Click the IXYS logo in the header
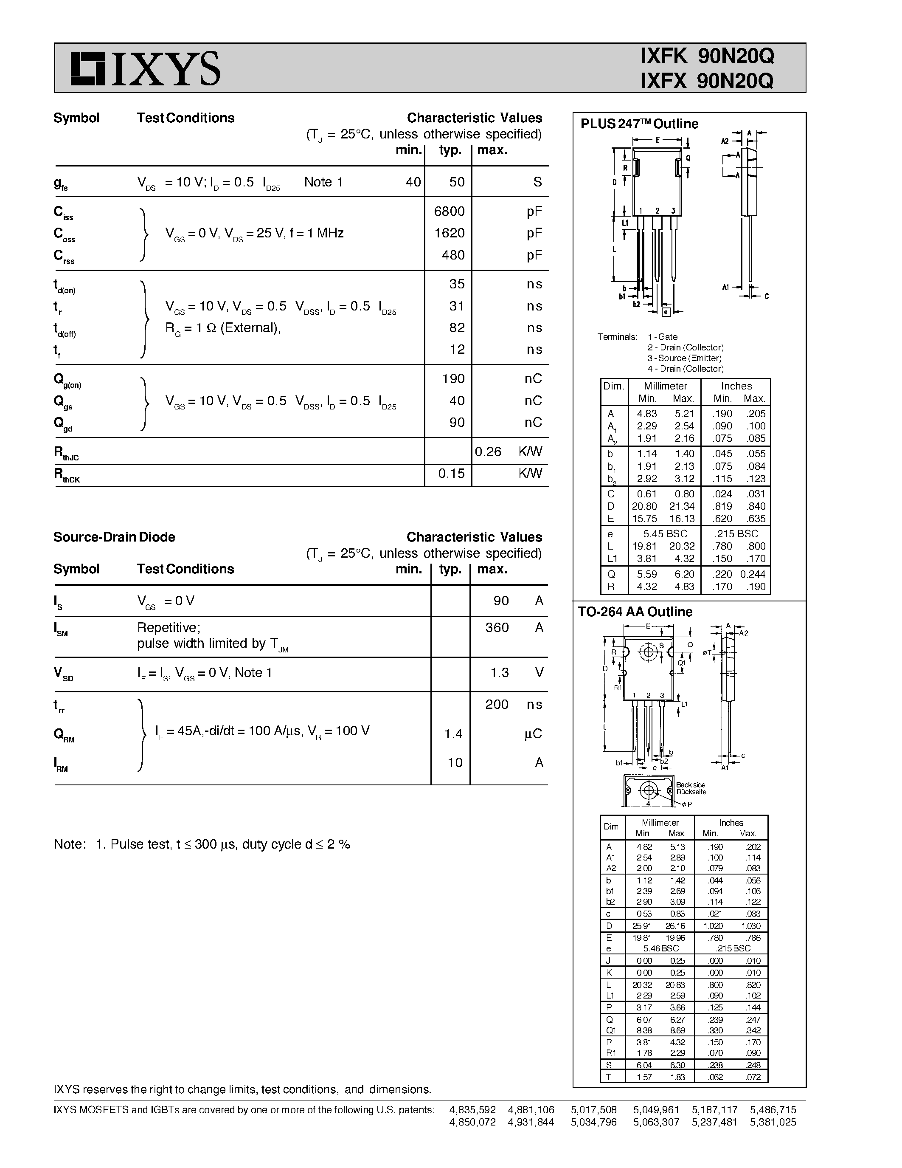click(x=145, y=68)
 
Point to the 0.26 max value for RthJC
click(x=488, y=452)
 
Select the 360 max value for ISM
click(x=497, y=627)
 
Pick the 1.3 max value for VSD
click(x=500, y=673)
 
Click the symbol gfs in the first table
click(x=60, y=183)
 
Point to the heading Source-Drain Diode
click(x=114, y=537)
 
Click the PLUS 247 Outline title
click(x=639, y=124)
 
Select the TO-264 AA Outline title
click(x=635, y=612)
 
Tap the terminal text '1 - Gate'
click(x=663, y=337)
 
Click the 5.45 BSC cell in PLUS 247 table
click(x=665, y=534)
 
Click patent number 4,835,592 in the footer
click(x=472, y=1110)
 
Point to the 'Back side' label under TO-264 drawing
click(x=690, y=784)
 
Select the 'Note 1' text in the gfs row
click(x=323, y=182)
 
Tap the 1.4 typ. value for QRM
click(x=453, y=734)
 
